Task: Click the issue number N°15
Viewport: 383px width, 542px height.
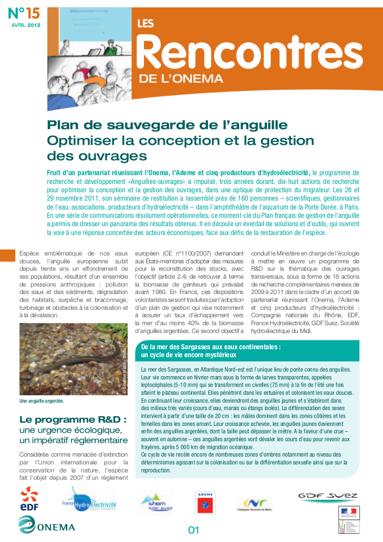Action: [25, 13]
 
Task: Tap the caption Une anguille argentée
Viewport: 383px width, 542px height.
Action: [41, 401]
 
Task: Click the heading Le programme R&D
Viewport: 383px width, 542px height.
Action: [73, 420]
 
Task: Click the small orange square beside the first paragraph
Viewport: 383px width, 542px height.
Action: [7, 255]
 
